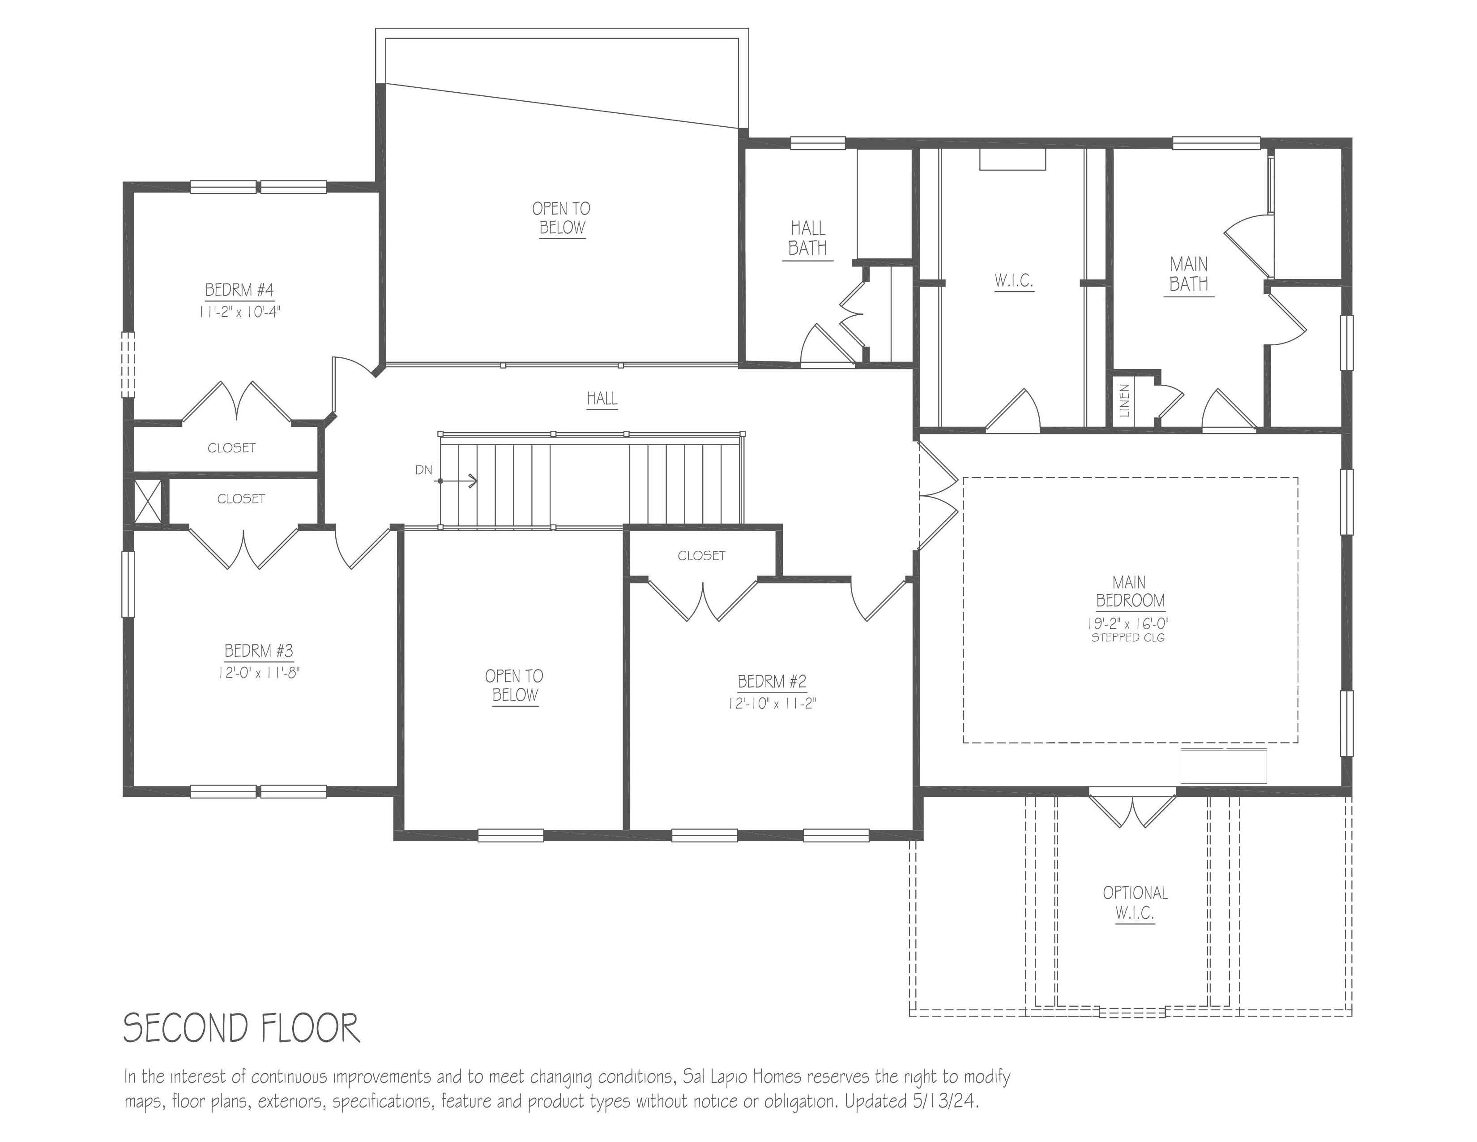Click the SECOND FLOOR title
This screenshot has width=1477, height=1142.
pos(241,1028)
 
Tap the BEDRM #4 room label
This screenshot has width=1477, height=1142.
pos(239,290)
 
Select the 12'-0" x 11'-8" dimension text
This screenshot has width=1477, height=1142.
pos(258,673)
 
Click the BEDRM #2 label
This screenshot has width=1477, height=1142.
pos(772,681)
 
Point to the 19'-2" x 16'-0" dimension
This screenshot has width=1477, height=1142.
pos(1127,623)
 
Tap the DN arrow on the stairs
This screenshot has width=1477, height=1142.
pos(458,481)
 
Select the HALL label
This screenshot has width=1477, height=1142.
pos(601,399)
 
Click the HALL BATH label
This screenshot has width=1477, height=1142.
pos(807,238)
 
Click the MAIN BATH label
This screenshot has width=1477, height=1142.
pos(1188,274)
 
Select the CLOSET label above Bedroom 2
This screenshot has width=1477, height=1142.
pos(701,555)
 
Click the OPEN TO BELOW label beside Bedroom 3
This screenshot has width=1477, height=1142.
pos(514,685)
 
